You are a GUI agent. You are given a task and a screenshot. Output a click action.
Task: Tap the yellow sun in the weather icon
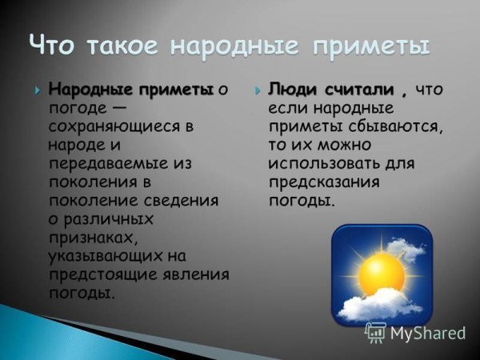pyautogui.click(x=381, y=272)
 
